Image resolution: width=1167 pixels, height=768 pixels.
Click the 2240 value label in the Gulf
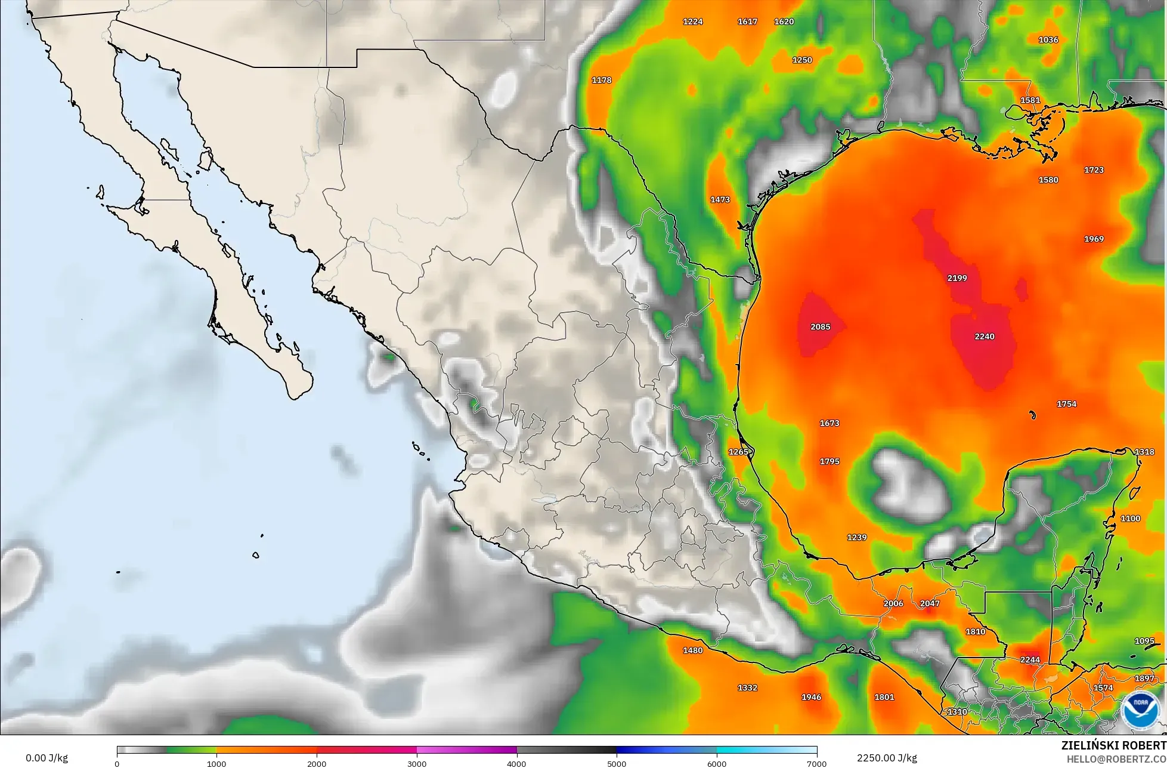pyautogui.click(x=985, y=337)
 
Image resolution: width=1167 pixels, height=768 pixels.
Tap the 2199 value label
pyautogui.click(x=957, y=278)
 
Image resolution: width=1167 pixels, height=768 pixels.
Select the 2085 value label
pyautogui.click(x=821, y=327)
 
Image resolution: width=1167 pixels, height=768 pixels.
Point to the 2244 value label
pyautogui.click(x=1030, y=660)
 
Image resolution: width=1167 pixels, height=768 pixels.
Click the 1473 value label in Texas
pyautogui.click(x=720, y=200)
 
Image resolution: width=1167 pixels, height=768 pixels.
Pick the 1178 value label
pyautogui.click(x=602, y=81)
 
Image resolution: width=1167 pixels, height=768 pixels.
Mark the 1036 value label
pyautogui.click(x=1048, y=40)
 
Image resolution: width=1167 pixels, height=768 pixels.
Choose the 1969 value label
pyautogui.click(x=1094, y=239)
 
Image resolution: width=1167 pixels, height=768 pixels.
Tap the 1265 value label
pyautogui.click(x=738, y=452)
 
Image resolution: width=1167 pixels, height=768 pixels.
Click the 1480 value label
pyautogui.click(x=693, y=650)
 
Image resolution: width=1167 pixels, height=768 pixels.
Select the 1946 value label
pyautogui.click(x=811, y=697)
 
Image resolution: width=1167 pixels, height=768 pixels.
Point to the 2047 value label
pyautogui.click(x=930, y=603)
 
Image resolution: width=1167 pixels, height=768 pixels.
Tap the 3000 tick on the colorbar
pyautogui.click(x=417, y=764)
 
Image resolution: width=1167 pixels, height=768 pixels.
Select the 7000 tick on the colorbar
pyautogui.click(x=816, y=764)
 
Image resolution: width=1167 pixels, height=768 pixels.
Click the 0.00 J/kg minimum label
pyautogui.click(x=47, y=758)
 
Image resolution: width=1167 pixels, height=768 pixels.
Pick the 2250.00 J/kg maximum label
pyautogui.click(x=887, y=758)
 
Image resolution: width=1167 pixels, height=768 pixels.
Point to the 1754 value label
pyautogui.click(x=1066, y=405)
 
